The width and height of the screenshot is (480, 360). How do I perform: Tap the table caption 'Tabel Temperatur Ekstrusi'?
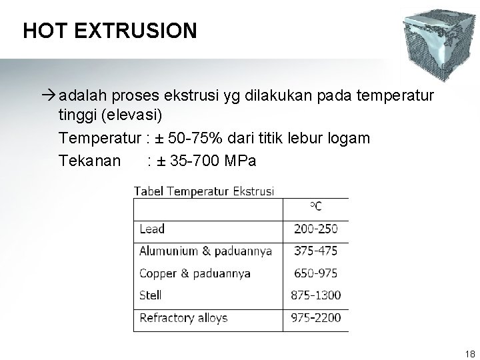pos(204,191)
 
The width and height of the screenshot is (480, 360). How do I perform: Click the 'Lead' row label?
pos(152,229)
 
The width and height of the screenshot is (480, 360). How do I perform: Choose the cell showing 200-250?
pos(315,229)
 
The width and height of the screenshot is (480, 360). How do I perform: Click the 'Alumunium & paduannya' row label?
pos(205,251)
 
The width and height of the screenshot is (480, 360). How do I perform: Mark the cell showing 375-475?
pos(315,251)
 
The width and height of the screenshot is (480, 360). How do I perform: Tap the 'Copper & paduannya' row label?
pos(195,273)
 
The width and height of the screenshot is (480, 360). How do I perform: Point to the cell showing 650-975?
pos(315,273)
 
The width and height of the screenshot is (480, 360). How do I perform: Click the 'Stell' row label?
pos(151,295)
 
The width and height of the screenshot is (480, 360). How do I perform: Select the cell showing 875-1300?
pos(315,295)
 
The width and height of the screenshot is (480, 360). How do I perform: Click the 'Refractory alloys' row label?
pos(183,317)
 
